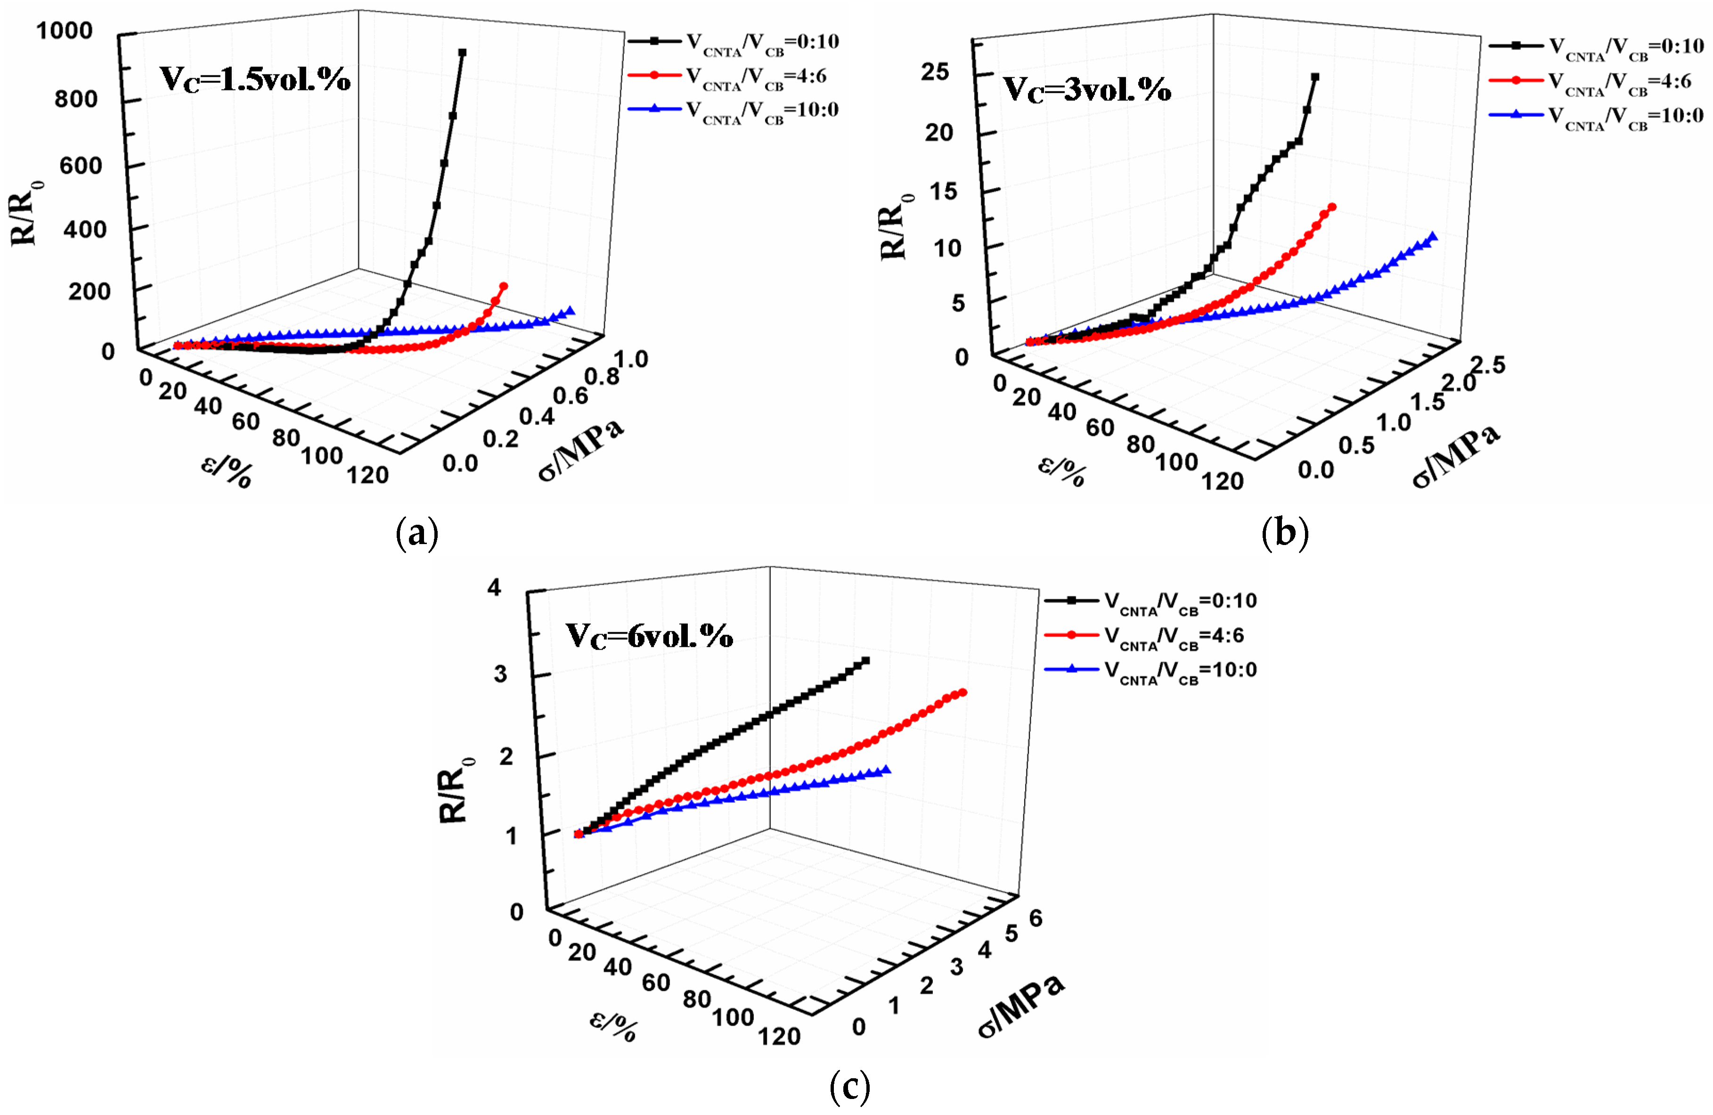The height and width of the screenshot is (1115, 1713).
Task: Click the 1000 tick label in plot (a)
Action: pos(64,31)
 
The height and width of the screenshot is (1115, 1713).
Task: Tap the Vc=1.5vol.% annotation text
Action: pos(255,79)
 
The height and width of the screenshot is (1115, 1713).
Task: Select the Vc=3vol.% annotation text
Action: pos(1087,90)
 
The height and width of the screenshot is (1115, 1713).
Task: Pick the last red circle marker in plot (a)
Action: pos(504,286)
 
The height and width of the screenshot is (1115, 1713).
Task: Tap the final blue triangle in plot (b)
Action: pos(1432,237)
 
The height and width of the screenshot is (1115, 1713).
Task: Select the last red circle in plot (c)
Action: pos(963,692)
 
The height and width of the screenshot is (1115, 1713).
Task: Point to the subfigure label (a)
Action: pos(417,534)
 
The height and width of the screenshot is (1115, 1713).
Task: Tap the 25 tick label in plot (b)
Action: pos(935,72)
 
